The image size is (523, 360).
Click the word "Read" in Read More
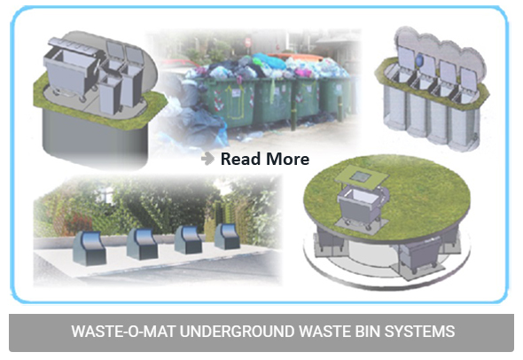240,159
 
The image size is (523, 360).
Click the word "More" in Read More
287,159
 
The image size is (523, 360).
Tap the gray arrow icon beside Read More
207,159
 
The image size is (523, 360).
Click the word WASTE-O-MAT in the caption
123,332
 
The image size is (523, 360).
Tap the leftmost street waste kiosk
90,248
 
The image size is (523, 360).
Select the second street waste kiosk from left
143,244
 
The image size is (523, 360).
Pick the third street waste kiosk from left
188,239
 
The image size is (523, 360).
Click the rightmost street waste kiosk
227,236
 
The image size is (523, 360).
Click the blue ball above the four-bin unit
419,60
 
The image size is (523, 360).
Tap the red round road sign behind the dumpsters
248,43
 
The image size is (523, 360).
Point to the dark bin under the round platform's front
419,255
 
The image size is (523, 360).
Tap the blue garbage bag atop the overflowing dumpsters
269,61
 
